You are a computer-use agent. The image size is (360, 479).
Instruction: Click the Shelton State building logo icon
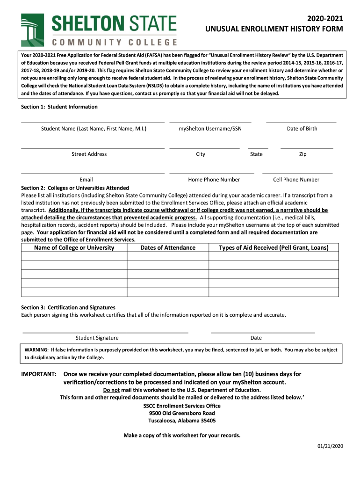click(33, 29)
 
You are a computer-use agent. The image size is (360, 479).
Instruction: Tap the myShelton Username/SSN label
click(210, 129)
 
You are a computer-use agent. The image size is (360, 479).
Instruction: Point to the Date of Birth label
click(302, 129)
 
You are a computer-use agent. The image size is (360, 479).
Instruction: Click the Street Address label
click(89, 154)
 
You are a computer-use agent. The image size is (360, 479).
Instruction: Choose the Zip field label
click(302, 154)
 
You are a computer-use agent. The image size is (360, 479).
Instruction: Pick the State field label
click(256, 154)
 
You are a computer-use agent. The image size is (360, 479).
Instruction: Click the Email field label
click(86, 180)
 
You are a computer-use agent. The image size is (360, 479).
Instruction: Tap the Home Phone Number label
click(214, 180)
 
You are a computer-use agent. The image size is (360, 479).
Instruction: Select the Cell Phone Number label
click(296, 180)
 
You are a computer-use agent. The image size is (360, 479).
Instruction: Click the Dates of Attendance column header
click(168, 247)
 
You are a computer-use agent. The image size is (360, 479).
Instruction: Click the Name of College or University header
click(74, 247)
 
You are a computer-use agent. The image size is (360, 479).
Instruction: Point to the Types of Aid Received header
click(274, 247)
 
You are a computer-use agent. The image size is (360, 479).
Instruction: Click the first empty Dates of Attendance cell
click(168, 256)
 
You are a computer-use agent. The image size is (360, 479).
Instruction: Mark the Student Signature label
click(97, 338)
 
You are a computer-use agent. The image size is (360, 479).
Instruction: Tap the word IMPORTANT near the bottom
click(39, 374)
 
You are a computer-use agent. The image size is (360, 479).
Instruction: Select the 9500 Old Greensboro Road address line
click(182, 414)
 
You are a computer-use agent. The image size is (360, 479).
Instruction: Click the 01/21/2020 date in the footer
click(330, 446)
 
